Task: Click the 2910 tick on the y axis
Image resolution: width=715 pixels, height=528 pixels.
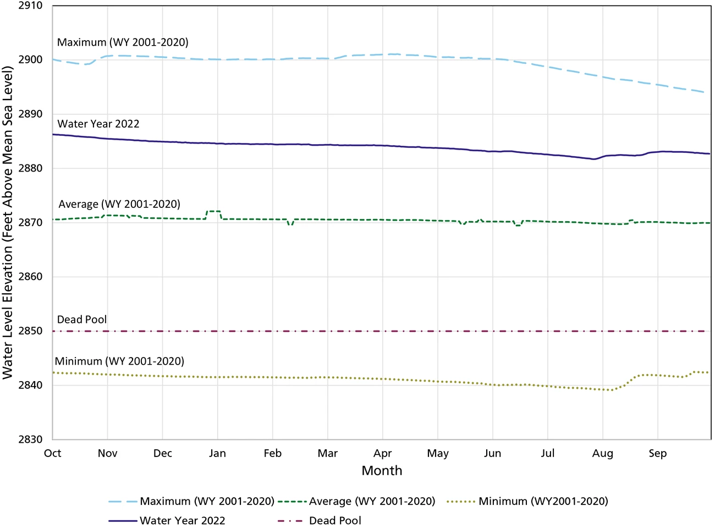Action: (x=31, y=6)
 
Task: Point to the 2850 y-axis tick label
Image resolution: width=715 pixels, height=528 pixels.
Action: (x=31, y=331)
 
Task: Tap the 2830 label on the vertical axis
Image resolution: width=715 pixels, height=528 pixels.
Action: (x=31, y=439)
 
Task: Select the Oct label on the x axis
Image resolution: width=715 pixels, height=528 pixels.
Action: (x=53, y=454)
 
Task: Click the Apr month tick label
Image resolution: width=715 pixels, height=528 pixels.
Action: (x=383, y=454)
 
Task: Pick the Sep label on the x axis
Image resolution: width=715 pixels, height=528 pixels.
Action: (x=657, y=454)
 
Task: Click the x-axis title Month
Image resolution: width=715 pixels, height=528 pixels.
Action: (x=382, y=471)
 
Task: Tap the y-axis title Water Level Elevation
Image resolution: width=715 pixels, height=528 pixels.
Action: (x=8, y=222)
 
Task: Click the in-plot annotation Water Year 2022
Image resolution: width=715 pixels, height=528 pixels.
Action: (x=98, y=124)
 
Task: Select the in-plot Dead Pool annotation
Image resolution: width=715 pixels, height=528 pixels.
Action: (x=82, y=320)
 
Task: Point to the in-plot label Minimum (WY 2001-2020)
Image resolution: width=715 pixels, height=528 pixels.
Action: (x=119, y=361)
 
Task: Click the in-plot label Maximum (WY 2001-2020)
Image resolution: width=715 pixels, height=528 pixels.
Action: (x=123, y=42)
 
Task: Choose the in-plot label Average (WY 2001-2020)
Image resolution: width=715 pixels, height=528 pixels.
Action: (x=119, y=204)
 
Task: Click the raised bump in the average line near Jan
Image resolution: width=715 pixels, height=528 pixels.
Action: (x=213, y=211)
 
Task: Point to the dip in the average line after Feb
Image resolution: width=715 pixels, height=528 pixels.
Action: (x=290, y=224)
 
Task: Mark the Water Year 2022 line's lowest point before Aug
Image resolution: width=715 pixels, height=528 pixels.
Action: (x=593, y=159)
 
